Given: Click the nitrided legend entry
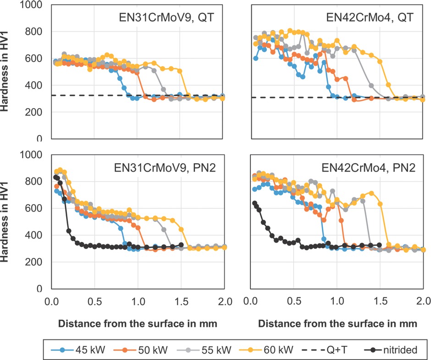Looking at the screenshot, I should point(392,349).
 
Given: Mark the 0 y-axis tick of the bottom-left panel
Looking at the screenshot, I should point(39,289).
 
